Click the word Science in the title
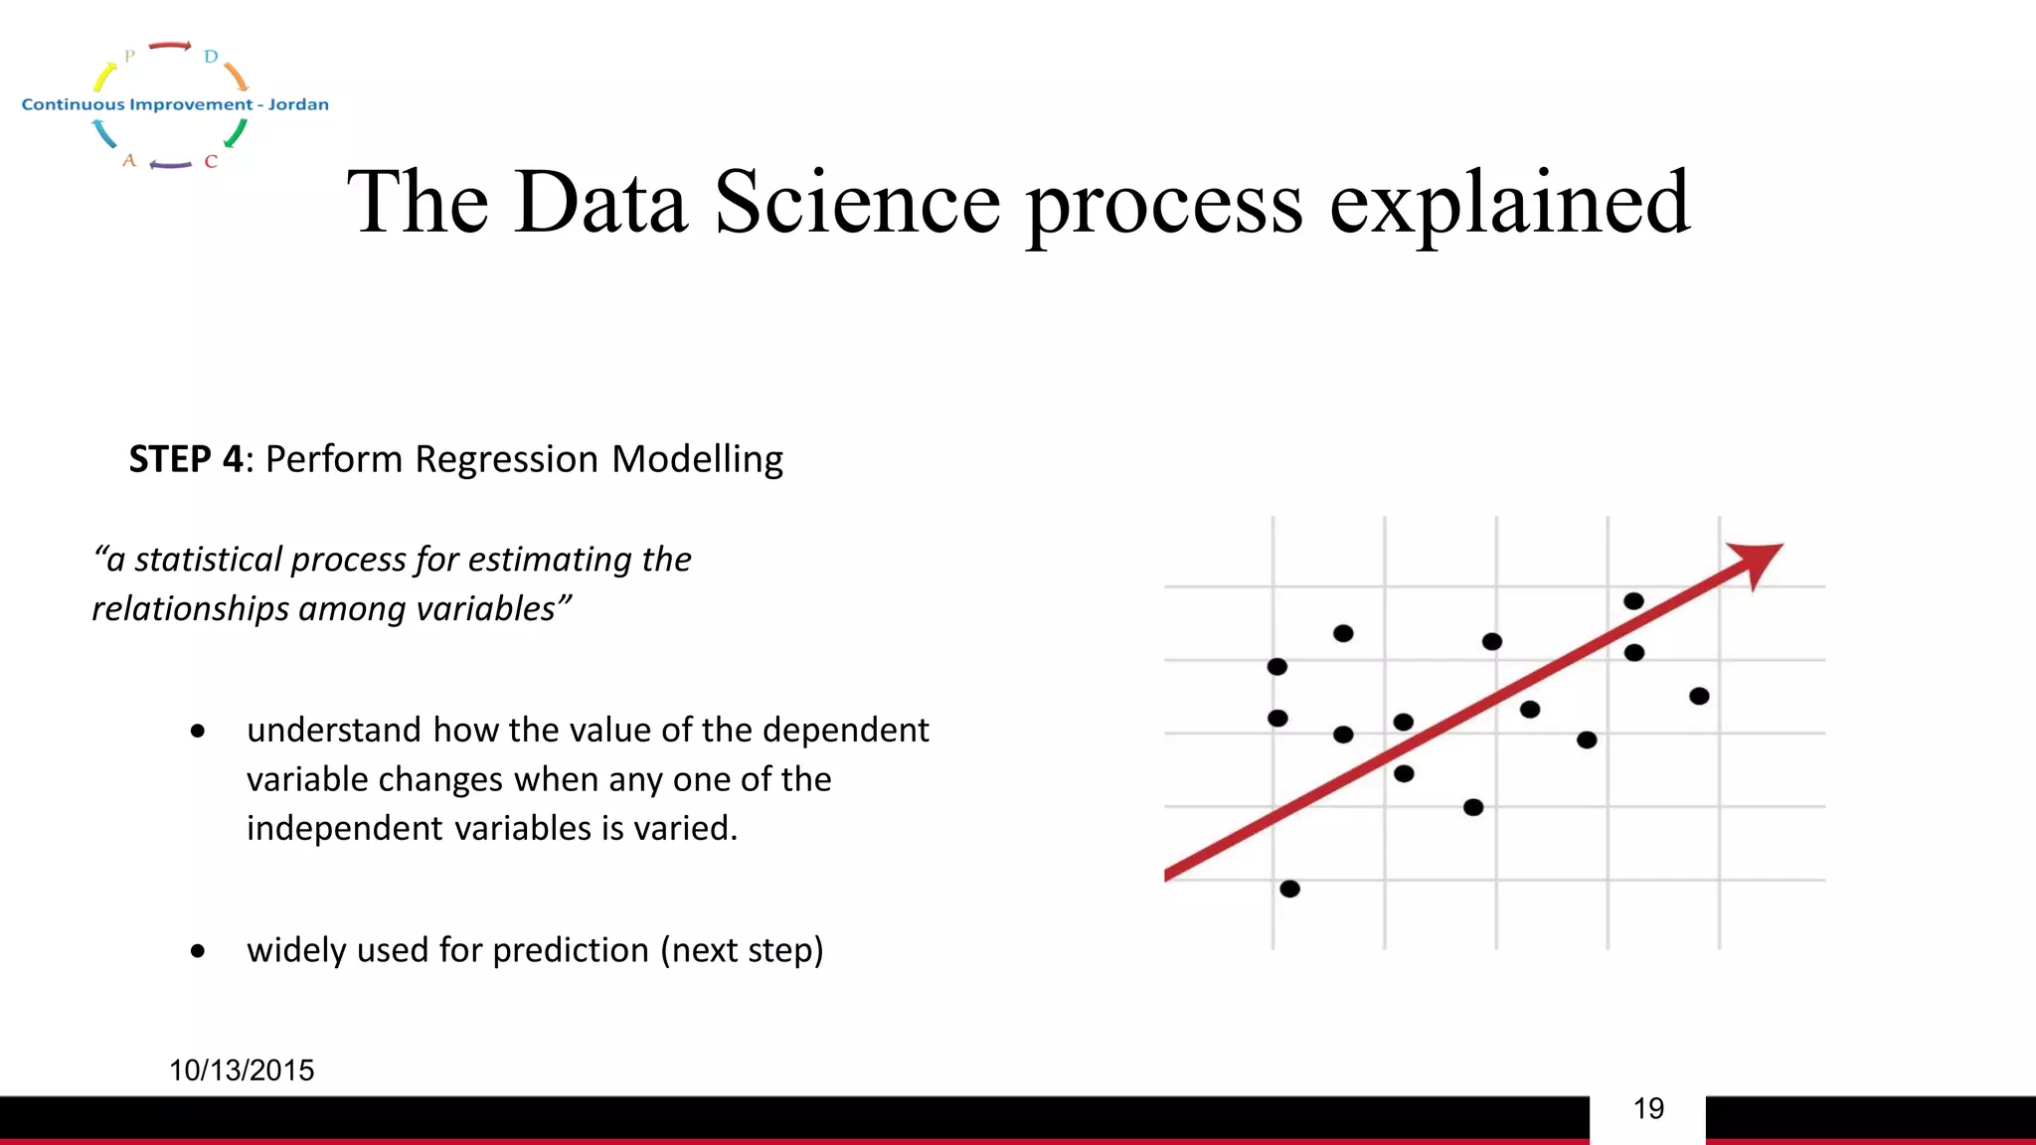click(857, 202)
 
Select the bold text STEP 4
click(186, 459)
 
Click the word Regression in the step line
click(506, 459)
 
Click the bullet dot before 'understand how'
click(198, 732)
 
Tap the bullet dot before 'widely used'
click(198, 951)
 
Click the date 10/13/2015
click(242, 1070)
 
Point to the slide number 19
click(1648, 1108)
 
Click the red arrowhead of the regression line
click(1758, 562)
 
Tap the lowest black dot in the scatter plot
click(1289, 889)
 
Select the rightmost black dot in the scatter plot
click(1699, 696)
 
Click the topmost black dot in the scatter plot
click(1633, 601)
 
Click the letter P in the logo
click(129, 57)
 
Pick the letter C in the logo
click(211, 161)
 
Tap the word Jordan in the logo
click(298, 104)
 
